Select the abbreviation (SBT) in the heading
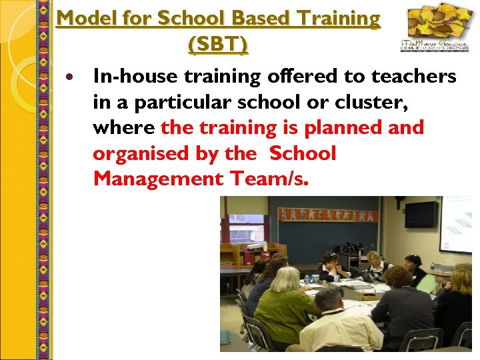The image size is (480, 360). [x=218, y=45]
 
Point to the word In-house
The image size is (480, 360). [x=134, y=77]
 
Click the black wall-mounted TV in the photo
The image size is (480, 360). [x=421, y=214]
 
